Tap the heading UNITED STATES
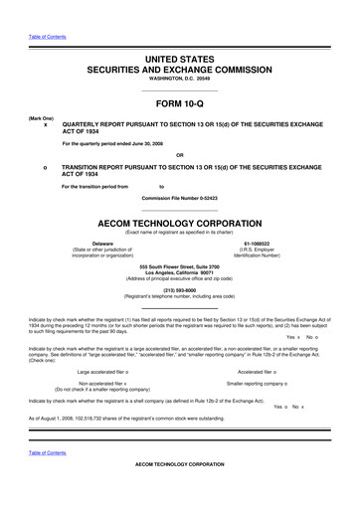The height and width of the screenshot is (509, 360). (x=180, y=61)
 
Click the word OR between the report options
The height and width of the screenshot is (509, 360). (x=180, y=155)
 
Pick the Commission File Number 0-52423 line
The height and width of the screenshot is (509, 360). (x=180, y=198)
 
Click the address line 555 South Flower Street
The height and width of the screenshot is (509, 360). (x=180, y=267)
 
